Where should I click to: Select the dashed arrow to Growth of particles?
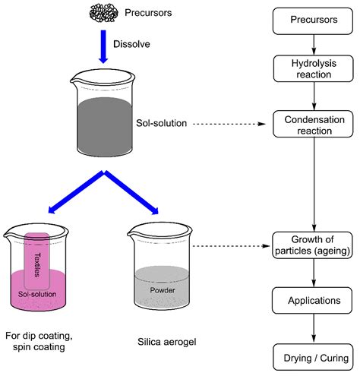[x=228, y=245]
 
